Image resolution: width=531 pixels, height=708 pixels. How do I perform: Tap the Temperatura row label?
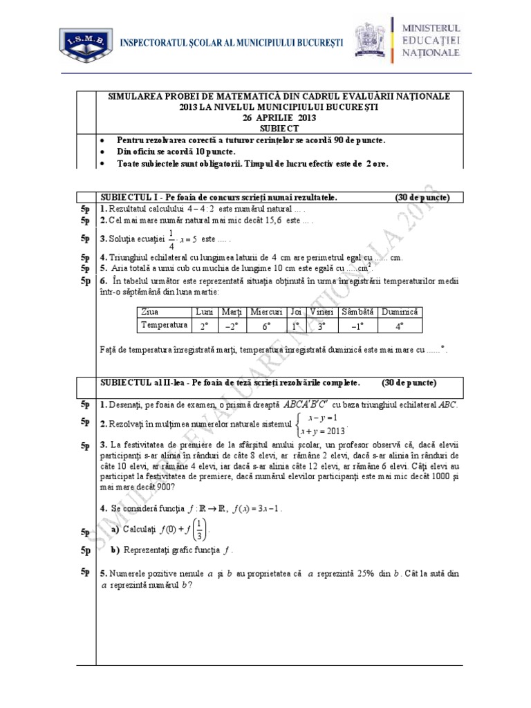(164, 325)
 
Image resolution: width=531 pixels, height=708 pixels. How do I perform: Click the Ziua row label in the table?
(149, 311)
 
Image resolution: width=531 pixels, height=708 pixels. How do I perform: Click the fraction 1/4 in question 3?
(171, 238)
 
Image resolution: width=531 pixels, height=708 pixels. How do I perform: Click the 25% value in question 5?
(358, 574)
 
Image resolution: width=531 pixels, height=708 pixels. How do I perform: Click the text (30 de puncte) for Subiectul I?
(422, 198)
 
